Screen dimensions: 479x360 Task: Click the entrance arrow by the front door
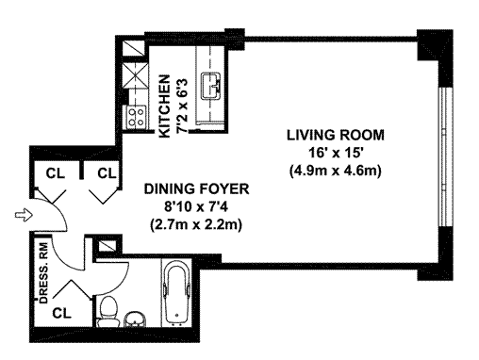coord(24,216)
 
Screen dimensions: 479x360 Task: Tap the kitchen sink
coord(211,86)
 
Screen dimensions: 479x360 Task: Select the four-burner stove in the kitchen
coord(137,117)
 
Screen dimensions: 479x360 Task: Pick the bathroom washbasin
coord(135,319)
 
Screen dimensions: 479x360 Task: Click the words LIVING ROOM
coord(336,135)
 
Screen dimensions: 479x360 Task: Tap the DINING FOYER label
coord(196,189)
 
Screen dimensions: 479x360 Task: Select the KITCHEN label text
coord(165,106)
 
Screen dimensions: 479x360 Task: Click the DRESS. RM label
coord(43,273)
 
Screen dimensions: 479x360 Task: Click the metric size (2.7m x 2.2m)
coord(196,225)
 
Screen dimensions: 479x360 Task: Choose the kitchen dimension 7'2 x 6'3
coord(182,106)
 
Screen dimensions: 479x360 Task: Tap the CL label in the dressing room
coord(61,313)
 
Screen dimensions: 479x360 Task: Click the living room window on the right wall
coord(444,156)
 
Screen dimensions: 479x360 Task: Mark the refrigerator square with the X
coord(134,74)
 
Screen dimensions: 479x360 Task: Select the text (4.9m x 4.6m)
coord(335,171)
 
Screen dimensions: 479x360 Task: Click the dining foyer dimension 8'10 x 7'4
coord(196,206)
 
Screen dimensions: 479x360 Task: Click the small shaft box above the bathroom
coord(107,245)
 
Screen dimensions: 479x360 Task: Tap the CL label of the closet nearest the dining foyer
coord(107,173)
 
